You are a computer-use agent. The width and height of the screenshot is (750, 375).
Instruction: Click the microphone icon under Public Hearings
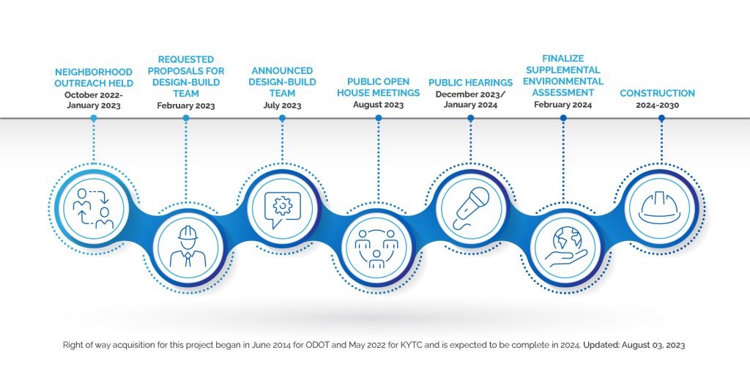coord(471,209)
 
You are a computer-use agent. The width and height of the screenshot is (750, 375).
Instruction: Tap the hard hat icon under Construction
coord(661,207)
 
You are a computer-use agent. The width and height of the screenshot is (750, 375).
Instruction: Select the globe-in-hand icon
coord(566,247)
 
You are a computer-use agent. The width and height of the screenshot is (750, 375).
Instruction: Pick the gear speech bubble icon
coord(282,209)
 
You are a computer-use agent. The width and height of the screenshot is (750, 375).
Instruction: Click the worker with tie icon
coord(188,247)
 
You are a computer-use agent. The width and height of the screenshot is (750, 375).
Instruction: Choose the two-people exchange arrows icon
coord(93,209)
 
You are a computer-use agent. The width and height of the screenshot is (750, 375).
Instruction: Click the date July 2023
coord(282,105)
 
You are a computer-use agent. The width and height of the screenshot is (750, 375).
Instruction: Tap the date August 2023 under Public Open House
coord(379,105)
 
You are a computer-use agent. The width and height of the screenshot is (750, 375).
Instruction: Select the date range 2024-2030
coord(657,105)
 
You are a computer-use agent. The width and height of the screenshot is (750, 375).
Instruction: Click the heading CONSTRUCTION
coord(657,93)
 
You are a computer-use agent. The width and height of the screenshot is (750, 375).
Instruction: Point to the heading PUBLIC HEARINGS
coord(471,83)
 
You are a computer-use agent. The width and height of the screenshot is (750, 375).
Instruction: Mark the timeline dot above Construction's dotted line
coord(661,118)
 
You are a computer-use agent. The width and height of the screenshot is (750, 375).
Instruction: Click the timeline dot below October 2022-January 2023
coord(94,118)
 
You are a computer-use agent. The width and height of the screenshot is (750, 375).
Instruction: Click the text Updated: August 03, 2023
coord(634,345)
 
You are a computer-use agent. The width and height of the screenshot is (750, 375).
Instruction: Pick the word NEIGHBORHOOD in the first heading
coord(94,73)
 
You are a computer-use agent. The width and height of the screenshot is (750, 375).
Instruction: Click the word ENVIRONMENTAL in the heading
coord(563,81)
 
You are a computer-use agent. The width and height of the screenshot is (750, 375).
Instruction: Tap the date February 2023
coord(186,105)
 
